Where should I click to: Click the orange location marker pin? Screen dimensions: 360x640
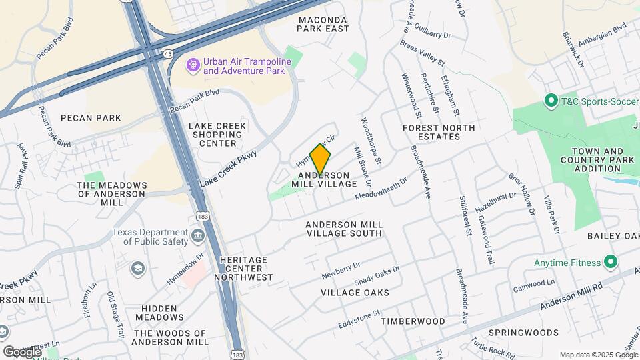(321, 160)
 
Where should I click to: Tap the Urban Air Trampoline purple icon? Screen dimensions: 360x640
(193, 65)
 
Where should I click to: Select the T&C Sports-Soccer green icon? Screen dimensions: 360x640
(551, 101)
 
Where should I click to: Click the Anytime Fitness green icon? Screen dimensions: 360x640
(609, 262)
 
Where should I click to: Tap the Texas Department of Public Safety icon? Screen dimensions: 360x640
(197, 236)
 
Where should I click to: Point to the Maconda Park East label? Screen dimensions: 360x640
(323, 25)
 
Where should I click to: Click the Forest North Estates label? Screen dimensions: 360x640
(439, 132)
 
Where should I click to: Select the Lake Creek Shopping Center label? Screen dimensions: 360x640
(217, 134)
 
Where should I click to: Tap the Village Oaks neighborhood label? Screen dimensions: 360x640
(355, 293)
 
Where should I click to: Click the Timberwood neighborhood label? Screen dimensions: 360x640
(413, 321)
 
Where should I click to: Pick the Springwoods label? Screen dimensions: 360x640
(523, 332)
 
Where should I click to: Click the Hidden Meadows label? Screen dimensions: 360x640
(159, 313)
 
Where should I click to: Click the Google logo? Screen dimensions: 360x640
(22, 351)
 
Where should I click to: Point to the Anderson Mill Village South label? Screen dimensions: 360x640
(344, 229)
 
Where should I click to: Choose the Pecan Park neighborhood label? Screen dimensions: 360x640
(91, 118)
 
